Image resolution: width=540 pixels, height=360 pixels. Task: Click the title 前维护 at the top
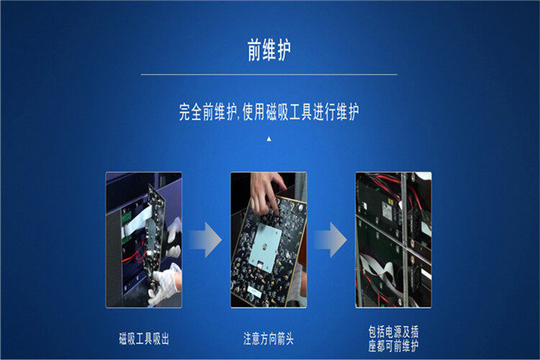(x=269, y=50)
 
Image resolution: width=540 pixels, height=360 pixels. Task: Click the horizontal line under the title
(x=269, y=74)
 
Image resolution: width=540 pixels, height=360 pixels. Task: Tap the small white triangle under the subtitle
(x=269, y=139)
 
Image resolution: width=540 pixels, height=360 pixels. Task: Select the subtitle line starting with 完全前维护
(x=269, y=112)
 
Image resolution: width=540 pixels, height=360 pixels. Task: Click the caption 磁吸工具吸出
(x=144, y=338)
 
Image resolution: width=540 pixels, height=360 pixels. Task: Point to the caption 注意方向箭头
(x=269, y=338)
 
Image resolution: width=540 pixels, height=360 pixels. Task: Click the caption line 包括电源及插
(x=393, y=331)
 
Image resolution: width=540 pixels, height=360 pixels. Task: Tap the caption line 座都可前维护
(x=393, y=346)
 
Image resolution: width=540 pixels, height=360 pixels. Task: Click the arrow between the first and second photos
(x=206, y=240)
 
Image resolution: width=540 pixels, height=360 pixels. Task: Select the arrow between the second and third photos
(x=330, y=240)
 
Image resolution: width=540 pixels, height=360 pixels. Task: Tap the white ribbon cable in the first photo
(x=136, y=220)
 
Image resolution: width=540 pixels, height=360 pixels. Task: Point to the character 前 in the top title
(x=254, y=50)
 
